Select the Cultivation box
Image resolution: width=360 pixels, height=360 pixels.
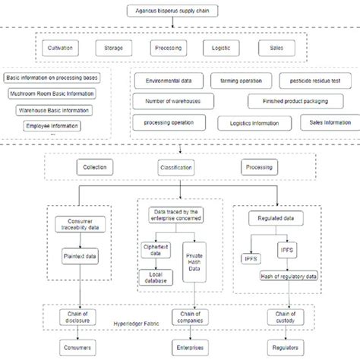pos(61,48)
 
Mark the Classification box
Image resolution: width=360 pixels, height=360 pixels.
pos(175,166)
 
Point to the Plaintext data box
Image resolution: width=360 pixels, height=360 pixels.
pos(79,257)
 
